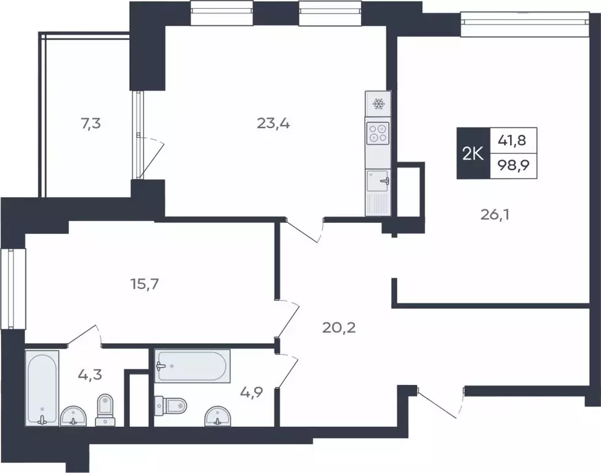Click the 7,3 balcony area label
tap(91, 124)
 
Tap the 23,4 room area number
tap(273, 124)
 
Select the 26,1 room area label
tap(495, 215)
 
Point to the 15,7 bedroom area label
tap(145, 285)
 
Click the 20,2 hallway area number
tap(339, 328)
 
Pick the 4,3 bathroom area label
tap(90, 374)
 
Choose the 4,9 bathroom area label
tap(252, 392)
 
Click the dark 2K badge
tap(474, 153)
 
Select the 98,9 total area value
tap(513, 165)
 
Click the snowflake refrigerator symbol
tap(378, 103)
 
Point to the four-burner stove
tap(378, 133)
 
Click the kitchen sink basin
tap(378, 180)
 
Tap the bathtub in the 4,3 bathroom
tap(42, 388)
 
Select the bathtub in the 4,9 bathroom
tap(193, 366)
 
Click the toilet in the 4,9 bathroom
tap(170, 405)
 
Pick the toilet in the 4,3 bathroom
tap(105, 410)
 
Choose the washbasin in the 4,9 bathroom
tap(218, 416)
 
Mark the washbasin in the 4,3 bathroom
tap(74, 416)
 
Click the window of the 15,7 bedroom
tap(13, 288)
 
